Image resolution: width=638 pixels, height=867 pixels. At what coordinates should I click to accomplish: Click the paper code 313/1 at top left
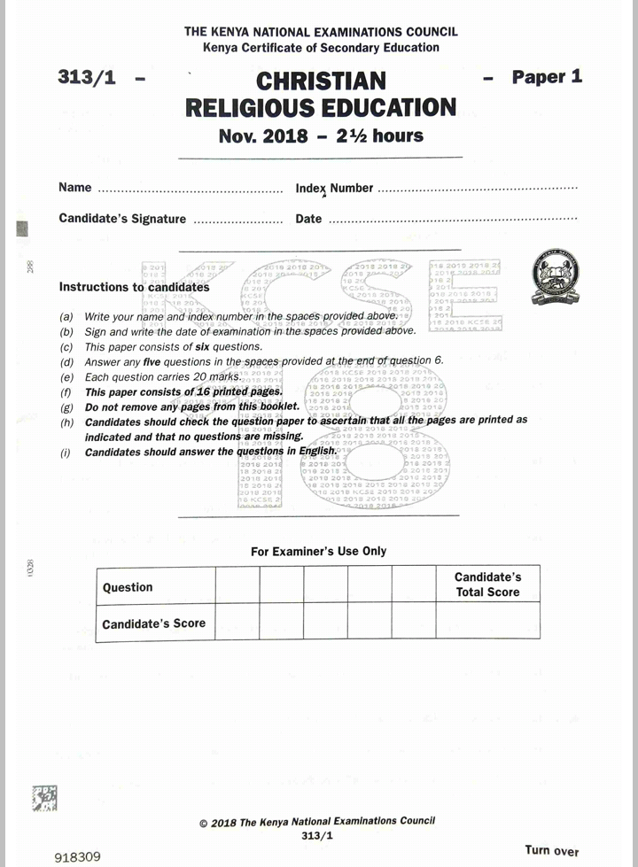click(x=87, y=77)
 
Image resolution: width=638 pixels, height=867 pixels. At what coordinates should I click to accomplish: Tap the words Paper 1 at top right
click(x=547, y=77)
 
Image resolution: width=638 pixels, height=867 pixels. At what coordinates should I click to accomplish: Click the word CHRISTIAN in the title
click(x=321, y=81)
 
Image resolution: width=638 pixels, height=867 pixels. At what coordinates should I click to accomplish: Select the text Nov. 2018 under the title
click(x=263, y=136)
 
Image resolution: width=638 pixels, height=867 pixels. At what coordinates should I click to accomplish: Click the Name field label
click(x=75, y=188)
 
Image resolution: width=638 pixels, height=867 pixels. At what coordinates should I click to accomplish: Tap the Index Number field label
click(x=334, y=189)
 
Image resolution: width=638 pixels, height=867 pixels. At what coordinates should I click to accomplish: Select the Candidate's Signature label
click(x=122, y=219)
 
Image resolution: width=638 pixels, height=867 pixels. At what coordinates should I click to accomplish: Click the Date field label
click(x=308, y=219)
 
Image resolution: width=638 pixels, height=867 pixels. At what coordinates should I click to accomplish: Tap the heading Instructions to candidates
click(x=134, y=287)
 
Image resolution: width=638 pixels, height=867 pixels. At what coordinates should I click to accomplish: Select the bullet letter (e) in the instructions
click(x=66, y=377)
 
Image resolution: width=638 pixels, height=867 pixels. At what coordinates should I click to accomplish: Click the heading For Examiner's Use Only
click(x=318, y=551)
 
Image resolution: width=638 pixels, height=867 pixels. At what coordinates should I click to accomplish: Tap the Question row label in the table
click(x=128, y=587)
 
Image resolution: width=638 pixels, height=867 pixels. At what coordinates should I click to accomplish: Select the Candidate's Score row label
click(x=153, y=623)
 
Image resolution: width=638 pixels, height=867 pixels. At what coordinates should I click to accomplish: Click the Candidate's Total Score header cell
click(x=487, y=584)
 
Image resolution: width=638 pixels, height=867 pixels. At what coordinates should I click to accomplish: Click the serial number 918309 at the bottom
click(x=78, y=856)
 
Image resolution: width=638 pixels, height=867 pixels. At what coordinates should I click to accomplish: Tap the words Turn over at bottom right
click(x=551, y=850)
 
